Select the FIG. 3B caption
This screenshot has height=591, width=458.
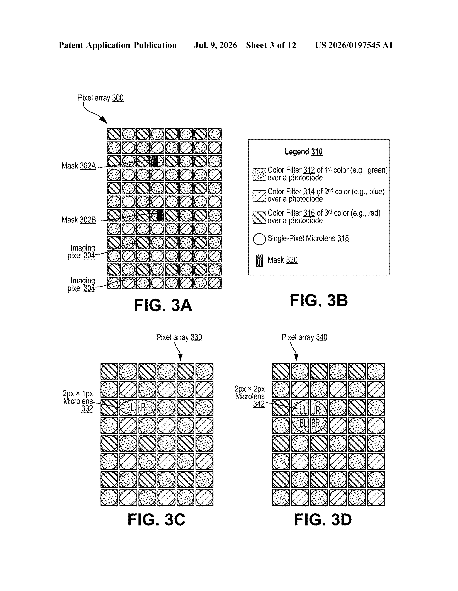pyautogui.click(x=319, y=300)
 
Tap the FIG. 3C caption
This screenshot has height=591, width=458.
pyautogui.click(x=156, y=520)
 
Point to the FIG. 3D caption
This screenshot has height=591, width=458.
pyautogui.click(x=323, y=520)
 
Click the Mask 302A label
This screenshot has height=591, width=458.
pyautogui.click(x=79, y=166)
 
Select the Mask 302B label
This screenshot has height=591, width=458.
pyautogui.click(x=79, y=220)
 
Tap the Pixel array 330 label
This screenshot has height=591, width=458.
pyautogui.click(x=179, y=337)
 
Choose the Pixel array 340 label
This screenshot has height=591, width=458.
pyautogui.click(x=304, y=337)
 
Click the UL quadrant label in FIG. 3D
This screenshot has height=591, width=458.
pyautogui.click(x=303, y=410)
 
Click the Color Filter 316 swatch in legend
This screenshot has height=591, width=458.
pyautogui.click(x=259, y=218)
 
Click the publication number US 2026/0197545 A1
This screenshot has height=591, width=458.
pyautogui.click(x=354, y=45)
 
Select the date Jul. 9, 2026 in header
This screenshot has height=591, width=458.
pyautogui.click(x=215, y=45)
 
